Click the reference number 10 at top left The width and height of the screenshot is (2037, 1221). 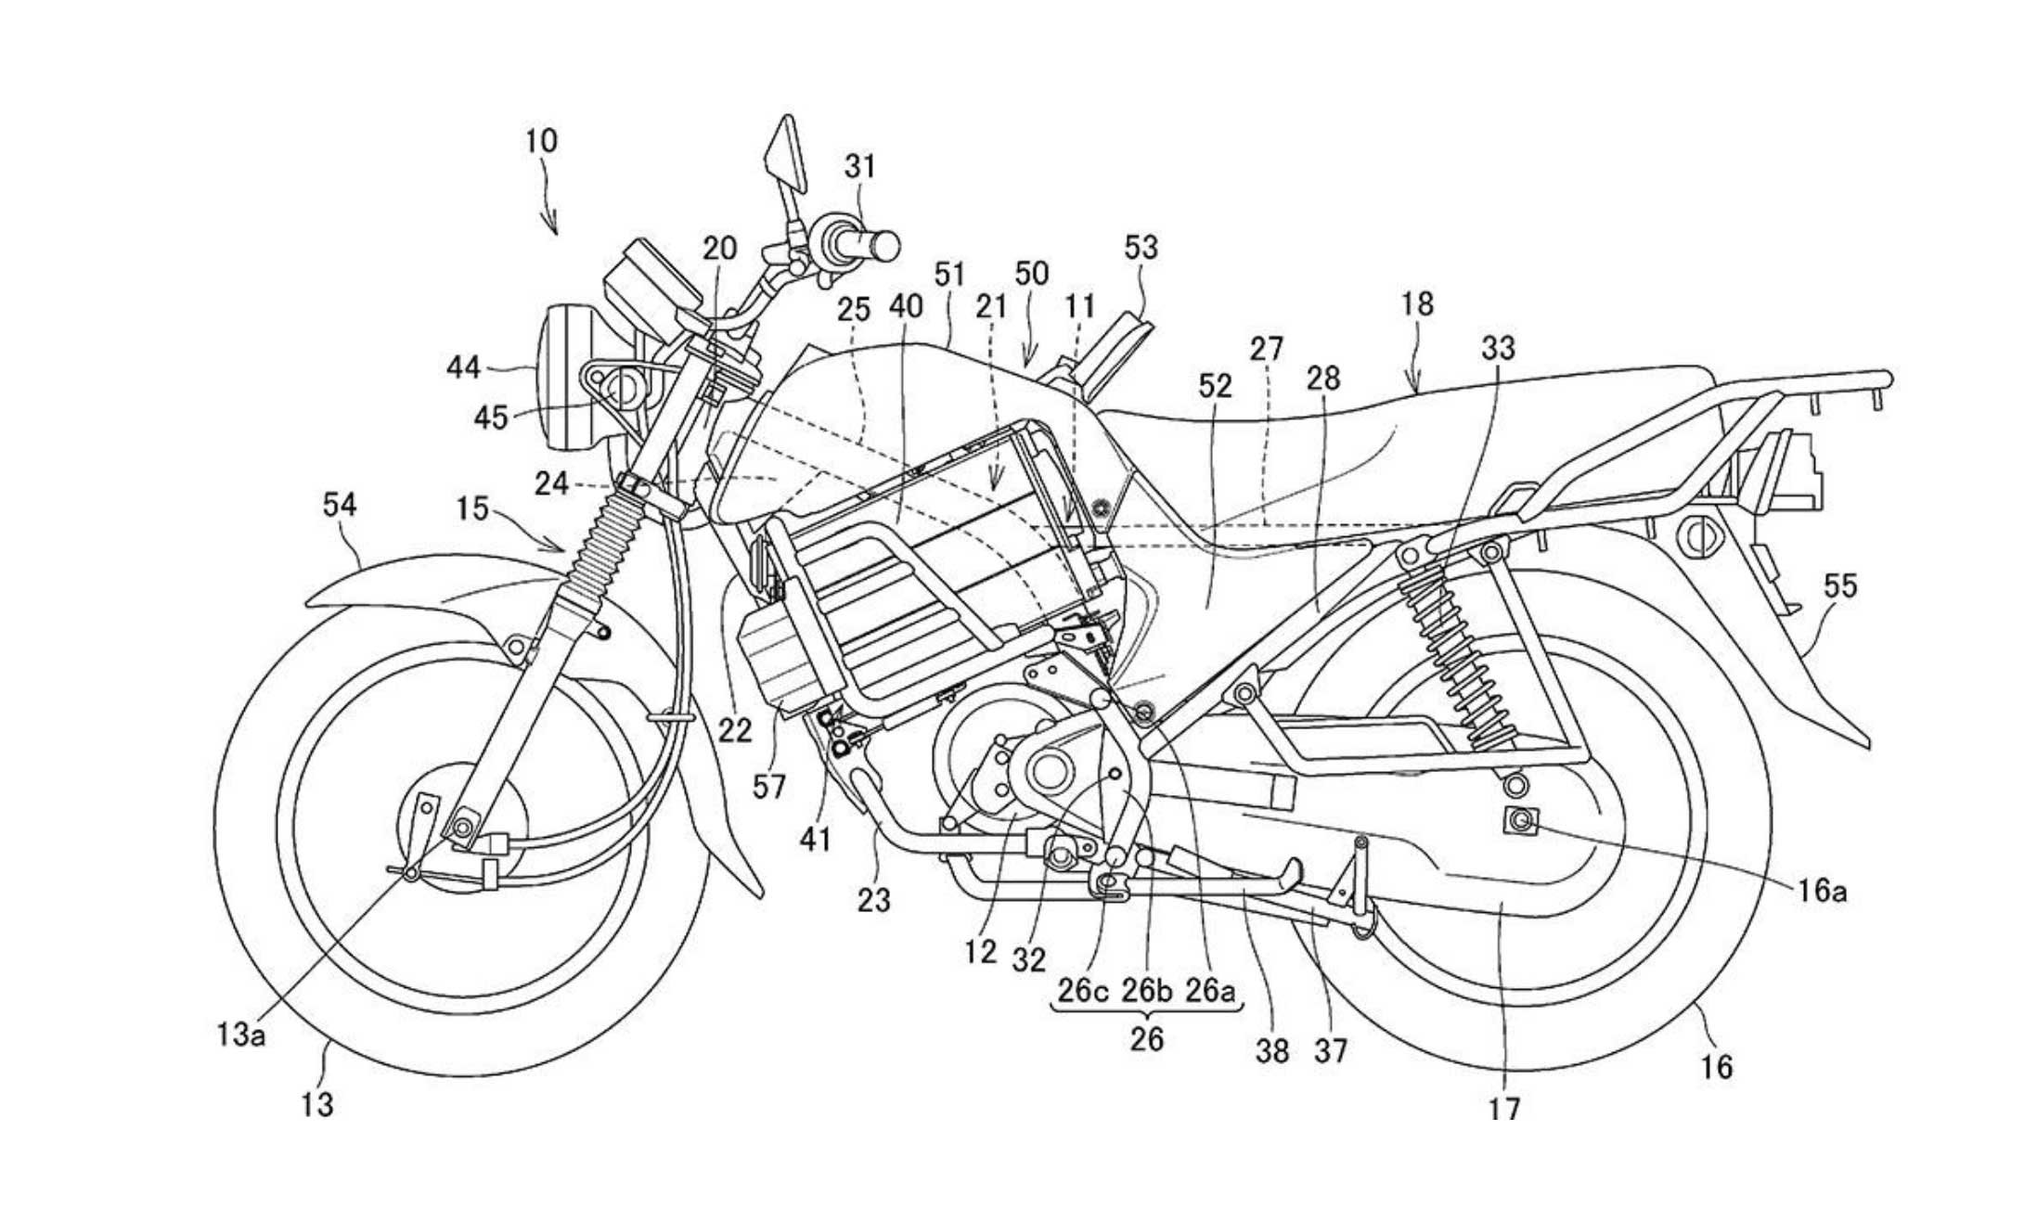pyautogui.click(x=541, y=141)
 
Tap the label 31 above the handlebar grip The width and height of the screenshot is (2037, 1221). pyautogui.click(x=859, y=167)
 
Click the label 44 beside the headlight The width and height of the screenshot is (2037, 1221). pyautogui.click(x=464, y=368)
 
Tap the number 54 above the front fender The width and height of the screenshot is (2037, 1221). pyautogui.click(x=339, y=505)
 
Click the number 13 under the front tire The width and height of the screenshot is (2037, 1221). pyautogui.click(x=317, y=1104)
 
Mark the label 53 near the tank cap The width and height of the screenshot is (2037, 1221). pyautogui.click(x=1141, y=248)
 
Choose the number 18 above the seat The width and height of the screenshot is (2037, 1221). pyautogui.click(x=1417, y=304)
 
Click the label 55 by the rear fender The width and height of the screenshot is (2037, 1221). pyautogui.click(x=1840, y=586)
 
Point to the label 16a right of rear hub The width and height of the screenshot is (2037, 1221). pyautogui.click(x=1820, y=892)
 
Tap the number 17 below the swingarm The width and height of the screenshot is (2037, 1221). pyautogui.click(x=1504, y=1106)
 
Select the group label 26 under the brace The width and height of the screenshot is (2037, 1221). pyautogui.click(x=1146, y=1038)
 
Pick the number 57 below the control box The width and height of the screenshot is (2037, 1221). pyautogui.click(x=768, y=787)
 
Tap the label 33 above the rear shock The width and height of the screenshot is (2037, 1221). pyautogui.click(x=1498, y=348)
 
